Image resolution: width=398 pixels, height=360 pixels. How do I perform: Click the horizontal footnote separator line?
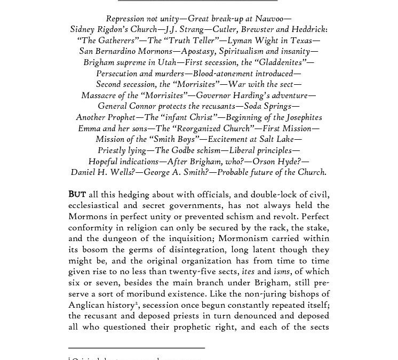point(137,348)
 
